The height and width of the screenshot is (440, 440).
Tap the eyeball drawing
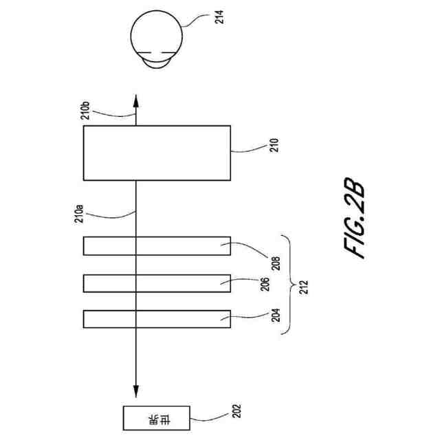(x=159, y=38)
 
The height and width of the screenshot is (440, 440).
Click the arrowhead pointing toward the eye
(x=135, y=100)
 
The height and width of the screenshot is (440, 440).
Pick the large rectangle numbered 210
(x=156, y=153)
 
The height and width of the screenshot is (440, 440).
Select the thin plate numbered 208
(x=156, y=245)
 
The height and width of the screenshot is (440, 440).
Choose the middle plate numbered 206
(x=156, y=283)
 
